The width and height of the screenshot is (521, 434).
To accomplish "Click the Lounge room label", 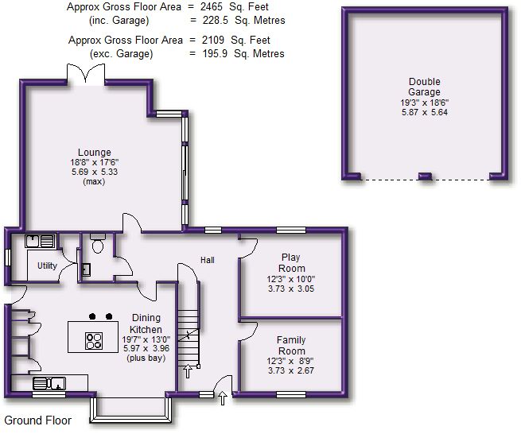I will click(x=94, y=153).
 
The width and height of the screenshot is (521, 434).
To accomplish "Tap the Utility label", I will click(x=47, y=265).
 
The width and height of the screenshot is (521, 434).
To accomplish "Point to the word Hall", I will click(x=207, y=260).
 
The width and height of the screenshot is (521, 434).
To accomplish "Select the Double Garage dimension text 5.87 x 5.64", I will click(x=424, y=112).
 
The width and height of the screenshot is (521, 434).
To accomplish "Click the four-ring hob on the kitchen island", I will click(x=94, y=339).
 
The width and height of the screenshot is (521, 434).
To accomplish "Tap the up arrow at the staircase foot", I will click(x=188, y=370).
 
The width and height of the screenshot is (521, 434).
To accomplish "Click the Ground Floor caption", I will click(x=38, y=420).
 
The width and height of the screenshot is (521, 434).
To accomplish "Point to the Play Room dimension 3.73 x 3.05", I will click(x=292, y=290).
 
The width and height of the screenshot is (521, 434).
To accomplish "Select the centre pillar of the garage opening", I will click(x=426, y=175).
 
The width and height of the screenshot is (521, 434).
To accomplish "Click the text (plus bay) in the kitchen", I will click(x=146, y=359).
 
